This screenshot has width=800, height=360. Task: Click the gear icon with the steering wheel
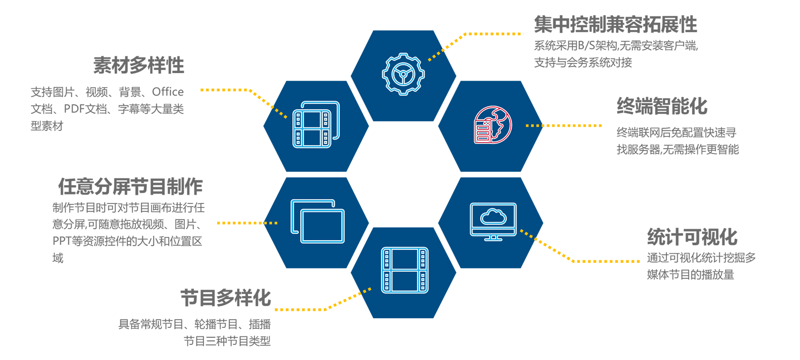tap(403, 74)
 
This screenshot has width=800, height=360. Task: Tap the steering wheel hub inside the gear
tap(403, 74)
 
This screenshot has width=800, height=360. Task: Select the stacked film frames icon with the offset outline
tap(316, 124)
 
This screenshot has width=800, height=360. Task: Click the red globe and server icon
tap(493, 125)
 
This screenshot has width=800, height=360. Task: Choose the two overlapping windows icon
tap(317, 221)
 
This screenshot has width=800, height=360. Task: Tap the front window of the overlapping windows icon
tap(322, 226)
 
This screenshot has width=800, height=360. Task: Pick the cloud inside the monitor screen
tap(493, 217)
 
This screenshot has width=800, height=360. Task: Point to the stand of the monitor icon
tap(493, 238)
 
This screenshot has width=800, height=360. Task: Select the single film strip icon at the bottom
tap(405, 270)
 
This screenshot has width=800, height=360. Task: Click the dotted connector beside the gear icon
tap(434, 55)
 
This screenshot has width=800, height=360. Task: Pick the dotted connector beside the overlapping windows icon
tap(271, 223)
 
